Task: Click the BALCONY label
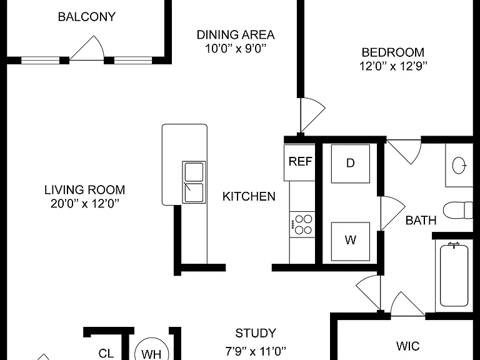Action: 87,16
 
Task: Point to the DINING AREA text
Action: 236,34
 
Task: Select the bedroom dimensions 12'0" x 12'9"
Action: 393,66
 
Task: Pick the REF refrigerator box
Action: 300,162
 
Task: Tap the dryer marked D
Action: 350,164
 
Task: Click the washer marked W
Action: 350,241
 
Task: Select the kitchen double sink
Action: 194,182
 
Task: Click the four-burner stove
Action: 302,224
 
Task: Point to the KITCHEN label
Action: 249,196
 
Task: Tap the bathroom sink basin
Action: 459,166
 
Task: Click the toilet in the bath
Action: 458,210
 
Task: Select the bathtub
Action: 454,274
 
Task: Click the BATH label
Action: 421,221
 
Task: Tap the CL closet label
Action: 106,354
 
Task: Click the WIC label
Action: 407,346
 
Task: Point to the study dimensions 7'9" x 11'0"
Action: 256,351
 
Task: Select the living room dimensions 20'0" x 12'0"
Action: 85,203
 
